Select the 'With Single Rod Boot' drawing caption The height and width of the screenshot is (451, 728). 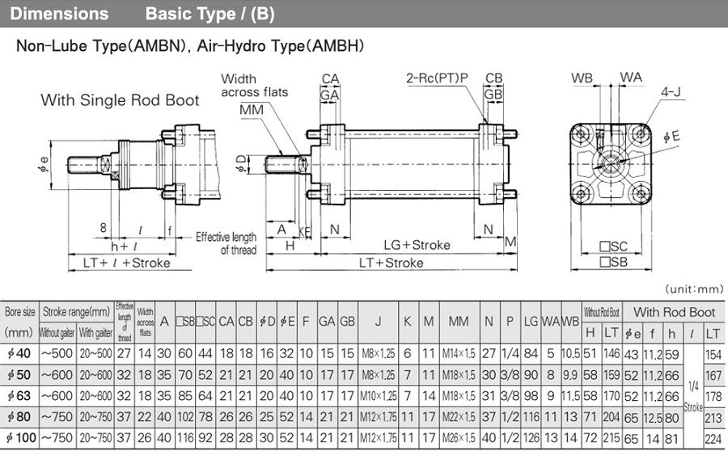pos(120,100)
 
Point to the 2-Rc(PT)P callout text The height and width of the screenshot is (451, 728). pos(437,78)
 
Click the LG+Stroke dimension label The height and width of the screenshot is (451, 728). pos(417,245)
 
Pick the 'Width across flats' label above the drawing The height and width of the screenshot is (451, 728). pos(254,86)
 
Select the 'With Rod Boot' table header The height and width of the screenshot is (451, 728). pos(674,311)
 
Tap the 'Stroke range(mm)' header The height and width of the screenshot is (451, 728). pos(77,311)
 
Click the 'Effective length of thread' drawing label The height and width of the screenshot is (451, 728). pos(226,243)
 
